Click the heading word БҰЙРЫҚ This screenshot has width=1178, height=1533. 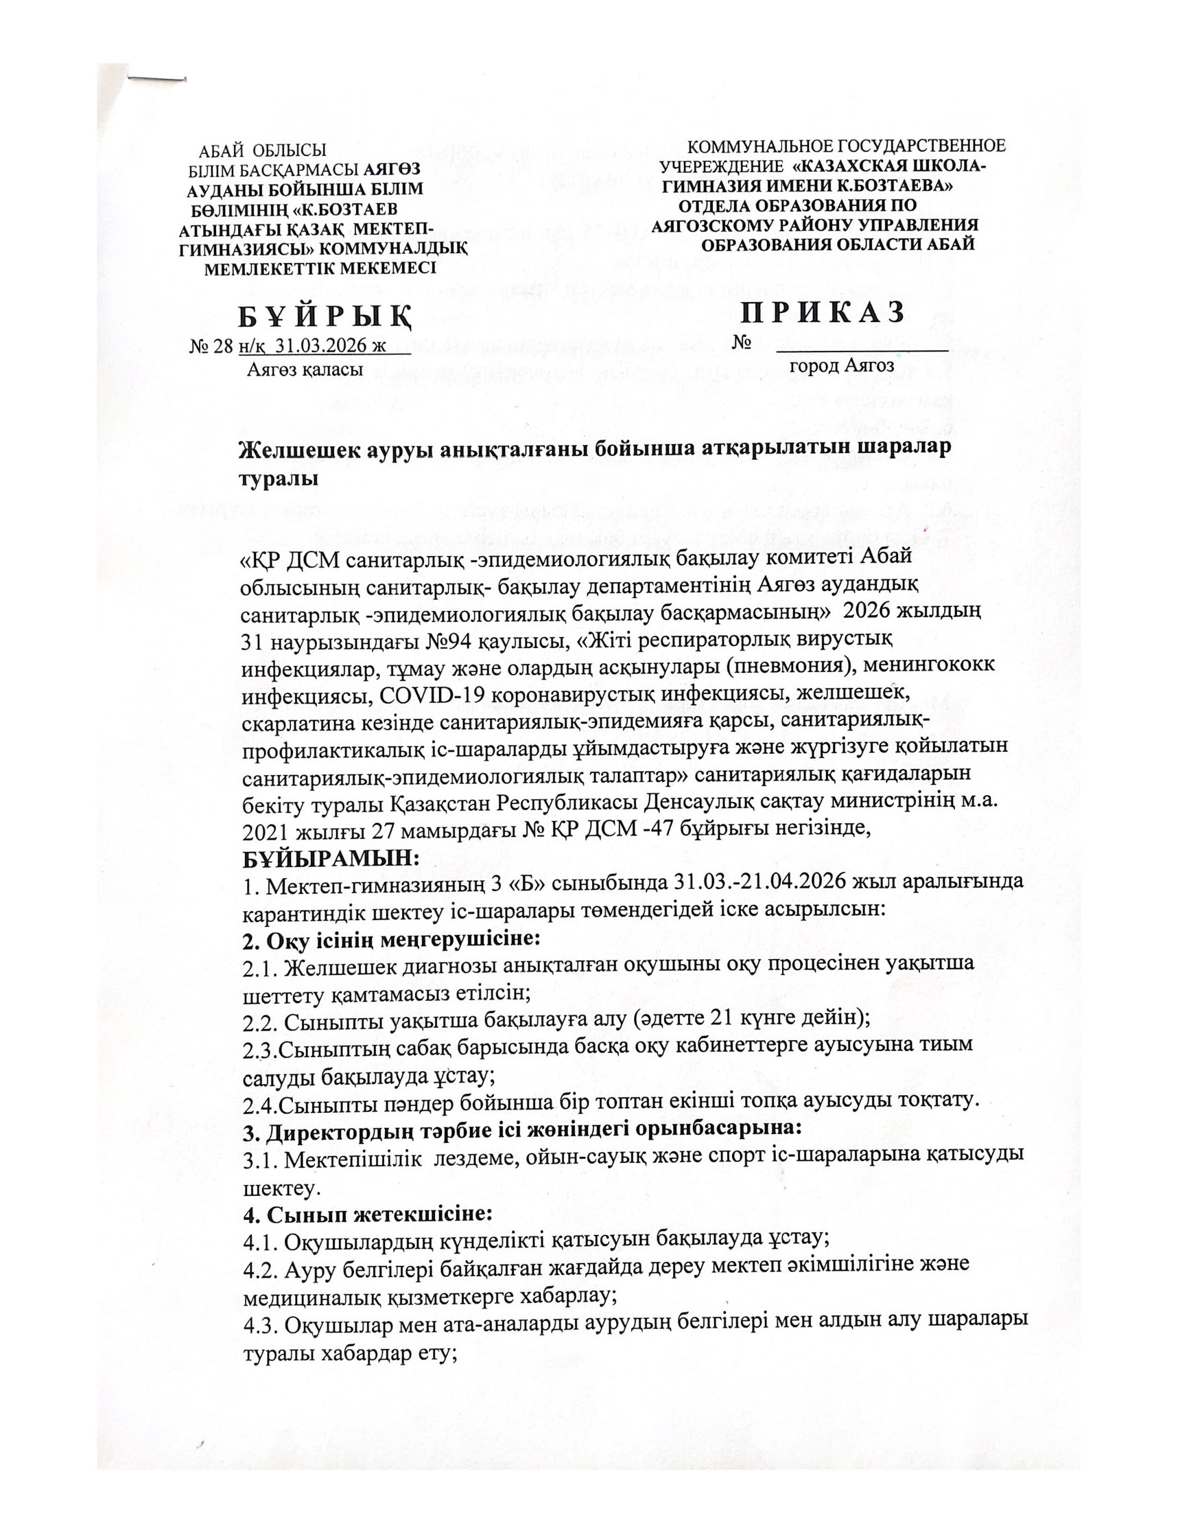[x=324, y=319]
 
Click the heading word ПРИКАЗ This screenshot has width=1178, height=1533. [x=823, y=313]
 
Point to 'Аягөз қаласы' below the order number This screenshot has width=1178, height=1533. [x=305, y=370]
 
